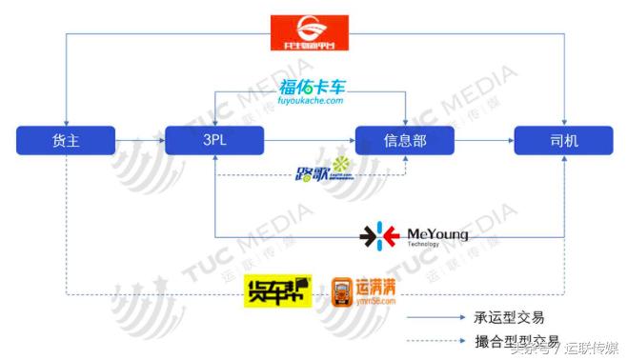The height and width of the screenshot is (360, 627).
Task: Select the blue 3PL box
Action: (x=213, y=141)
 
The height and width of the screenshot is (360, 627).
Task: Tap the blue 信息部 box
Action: (x=403, y=141)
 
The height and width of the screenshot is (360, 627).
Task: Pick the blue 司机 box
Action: (x=563, y=141)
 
